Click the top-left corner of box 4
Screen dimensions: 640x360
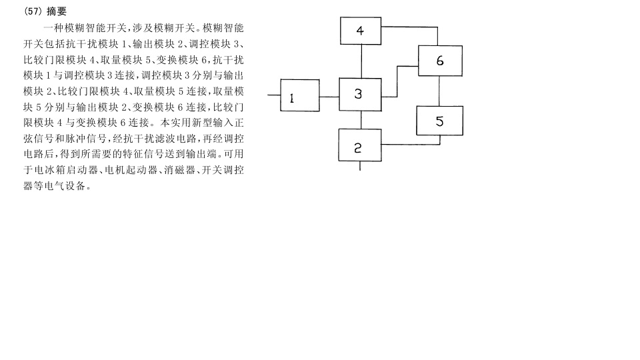pyautogui.click(x=341, y=17)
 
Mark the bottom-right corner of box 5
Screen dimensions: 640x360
pyautogui.click(x=463, y=135)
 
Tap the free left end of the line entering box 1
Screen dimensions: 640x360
pyautogui.click(x=268, y=95)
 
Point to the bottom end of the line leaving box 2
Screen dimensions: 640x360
pyautogui.click(x=360, y=170)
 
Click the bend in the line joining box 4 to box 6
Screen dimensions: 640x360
pyautogui.click(x=437, y=27)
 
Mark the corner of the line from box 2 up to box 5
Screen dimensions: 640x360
pyautogui.click(x=440, y=144)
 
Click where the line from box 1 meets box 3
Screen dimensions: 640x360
pyautogui.click(x=339, y=97)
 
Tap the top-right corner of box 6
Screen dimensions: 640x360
pyautogui.click(x=462, y=46)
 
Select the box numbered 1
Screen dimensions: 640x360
pyautogui.click(x=300, y=95)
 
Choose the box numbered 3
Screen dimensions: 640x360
pyautogui.click(x=361, y=94)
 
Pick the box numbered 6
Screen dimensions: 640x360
pyautogui.click(x=440, y=61)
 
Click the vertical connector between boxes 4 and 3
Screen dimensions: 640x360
pyautogui.click(x=361, y=61)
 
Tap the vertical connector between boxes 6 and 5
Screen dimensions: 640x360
pyautogui.click(x=439, y=91)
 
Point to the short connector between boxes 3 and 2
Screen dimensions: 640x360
pyautogui.click(x=361, y=120)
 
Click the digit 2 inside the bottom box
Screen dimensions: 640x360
pyautogui.click(x=357, y=148)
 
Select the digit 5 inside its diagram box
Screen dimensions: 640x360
pyautogui.click(x=439, y=121)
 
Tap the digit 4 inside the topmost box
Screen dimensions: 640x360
pyautogui.click(x=359, y=31)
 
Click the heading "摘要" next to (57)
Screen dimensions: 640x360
pyautogui.click(x=56, y=11)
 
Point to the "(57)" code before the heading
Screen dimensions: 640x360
pyautogui.click(x=33, y=11)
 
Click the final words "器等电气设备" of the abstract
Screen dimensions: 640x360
pyautogui.click(x=55, y=186)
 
